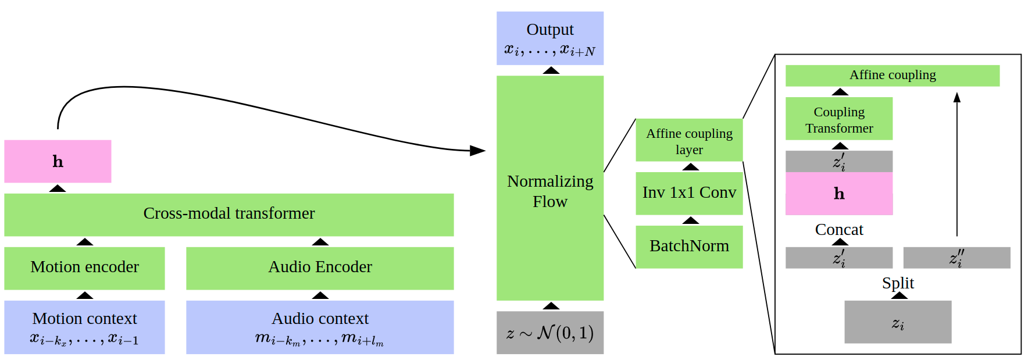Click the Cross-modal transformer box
click(229, 215)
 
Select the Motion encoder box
click(84, 268)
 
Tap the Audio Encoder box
click(320, 268)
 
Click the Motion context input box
click(84, 327)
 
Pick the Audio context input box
click(320, 327)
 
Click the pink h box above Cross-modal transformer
click(58, 161)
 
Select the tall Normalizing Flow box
click(550, 188)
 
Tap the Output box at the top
click(550, 38)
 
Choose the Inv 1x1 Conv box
click(689, 193)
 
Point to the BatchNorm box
click(689, 247)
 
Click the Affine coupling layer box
click(689, 140)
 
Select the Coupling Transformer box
click(839, 119)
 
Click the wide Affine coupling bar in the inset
click(893, 76)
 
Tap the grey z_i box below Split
click(898, 322)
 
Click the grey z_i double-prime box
click(956, 258)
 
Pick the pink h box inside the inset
click(839, 193)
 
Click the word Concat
click(839, 230)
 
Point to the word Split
click(898, 283)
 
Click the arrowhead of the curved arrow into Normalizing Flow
click(478, 151)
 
